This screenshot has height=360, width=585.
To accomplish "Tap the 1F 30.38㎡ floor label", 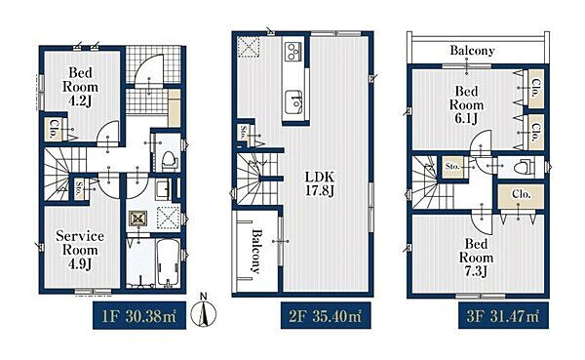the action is pyautogui.click(x=139, y=316).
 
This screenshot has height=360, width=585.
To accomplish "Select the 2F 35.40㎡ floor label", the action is pyautogui.click(x=326, y=316).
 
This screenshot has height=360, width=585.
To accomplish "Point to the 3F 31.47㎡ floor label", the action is pyautogui.click(x=503, y=316).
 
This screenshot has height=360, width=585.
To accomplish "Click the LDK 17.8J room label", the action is pyautogui.click(x=320, y=183).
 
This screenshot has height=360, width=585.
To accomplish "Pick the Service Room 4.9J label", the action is pyautogui.click(x=80, y=250).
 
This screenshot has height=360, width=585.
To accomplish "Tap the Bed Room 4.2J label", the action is pyautogui.click(x=80, y=87).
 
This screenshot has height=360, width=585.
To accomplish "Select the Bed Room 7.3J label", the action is pyautogui.click(x=476, y=258).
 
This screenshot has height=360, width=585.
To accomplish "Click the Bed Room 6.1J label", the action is pyautogui.click(x=466, y=105).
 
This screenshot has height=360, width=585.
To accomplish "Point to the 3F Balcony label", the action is pyautogui.click(x=472, y=50).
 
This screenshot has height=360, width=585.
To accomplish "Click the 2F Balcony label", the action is pyautogui.click(x=255, y=251).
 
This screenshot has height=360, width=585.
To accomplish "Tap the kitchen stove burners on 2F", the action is pyautogui.click(x=293, y=52).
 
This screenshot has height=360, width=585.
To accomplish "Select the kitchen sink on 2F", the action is pyautogui.click(x=293, y=102).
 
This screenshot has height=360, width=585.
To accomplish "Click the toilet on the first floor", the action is pyautogui.click(x=170, y=159).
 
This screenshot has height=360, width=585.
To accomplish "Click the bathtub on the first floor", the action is pyautogui.click(x=169, y=262).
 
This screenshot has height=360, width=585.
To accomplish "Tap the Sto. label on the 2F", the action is pyautogui.click(x=244, y=133).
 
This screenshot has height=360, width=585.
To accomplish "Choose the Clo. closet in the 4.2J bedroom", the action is pyautogui.click(x=54, y=129).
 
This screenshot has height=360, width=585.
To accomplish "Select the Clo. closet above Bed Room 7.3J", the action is pyautogui.click(x=522, y=194).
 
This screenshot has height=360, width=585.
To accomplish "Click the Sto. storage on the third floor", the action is pyautogui.click(x=452, y=166).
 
